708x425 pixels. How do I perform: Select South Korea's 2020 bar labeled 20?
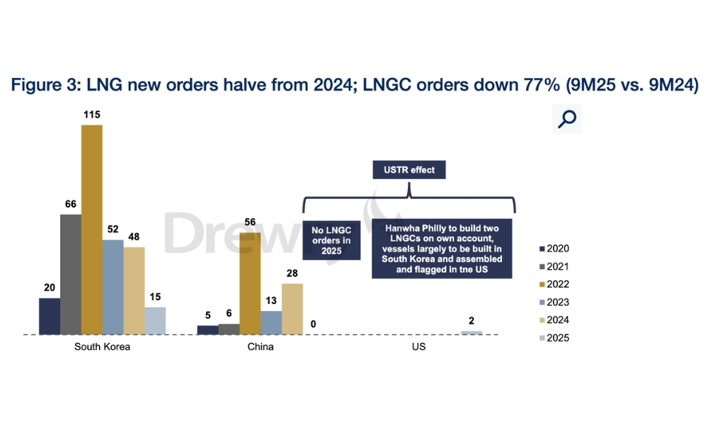point(50,316)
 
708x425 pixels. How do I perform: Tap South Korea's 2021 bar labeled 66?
point(71,273)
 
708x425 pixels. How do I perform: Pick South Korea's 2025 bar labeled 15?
point(155,320)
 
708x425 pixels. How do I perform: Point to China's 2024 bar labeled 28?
point(292,308)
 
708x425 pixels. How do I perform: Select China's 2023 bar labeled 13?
point(271,322)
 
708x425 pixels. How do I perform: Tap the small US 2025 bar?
point(472,332)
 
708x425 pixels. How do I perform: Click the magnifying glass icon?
point(567,119)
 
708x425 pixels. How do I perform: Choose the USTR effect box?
point(409,170)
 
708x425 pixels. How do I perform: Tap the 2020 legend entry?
point(554,249)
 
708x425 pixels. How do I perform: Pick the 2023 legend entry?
point(554,302)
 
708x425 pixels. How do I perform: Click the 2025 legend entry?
point(554,338)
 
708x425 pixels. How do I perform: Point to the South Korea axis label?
point(102,348)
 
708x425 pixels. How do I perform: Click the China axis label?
point(261,348)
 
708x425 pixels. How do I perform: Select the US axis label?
point(418,348)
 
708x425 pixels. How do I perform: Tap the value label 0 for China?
point(313,325)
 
